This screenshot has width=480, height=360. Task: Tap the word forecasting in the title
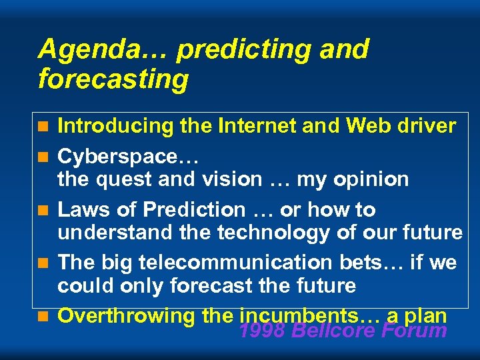click(113, 79)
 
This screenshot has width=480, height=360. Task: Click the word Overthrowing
click(126, 316)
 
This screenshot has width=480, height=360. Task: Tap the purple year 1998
click(262, 331)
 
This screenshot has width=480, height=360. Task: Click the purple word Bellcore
click(335, 331)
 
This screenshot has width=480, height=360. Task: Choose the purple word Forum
click(415, 331)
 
